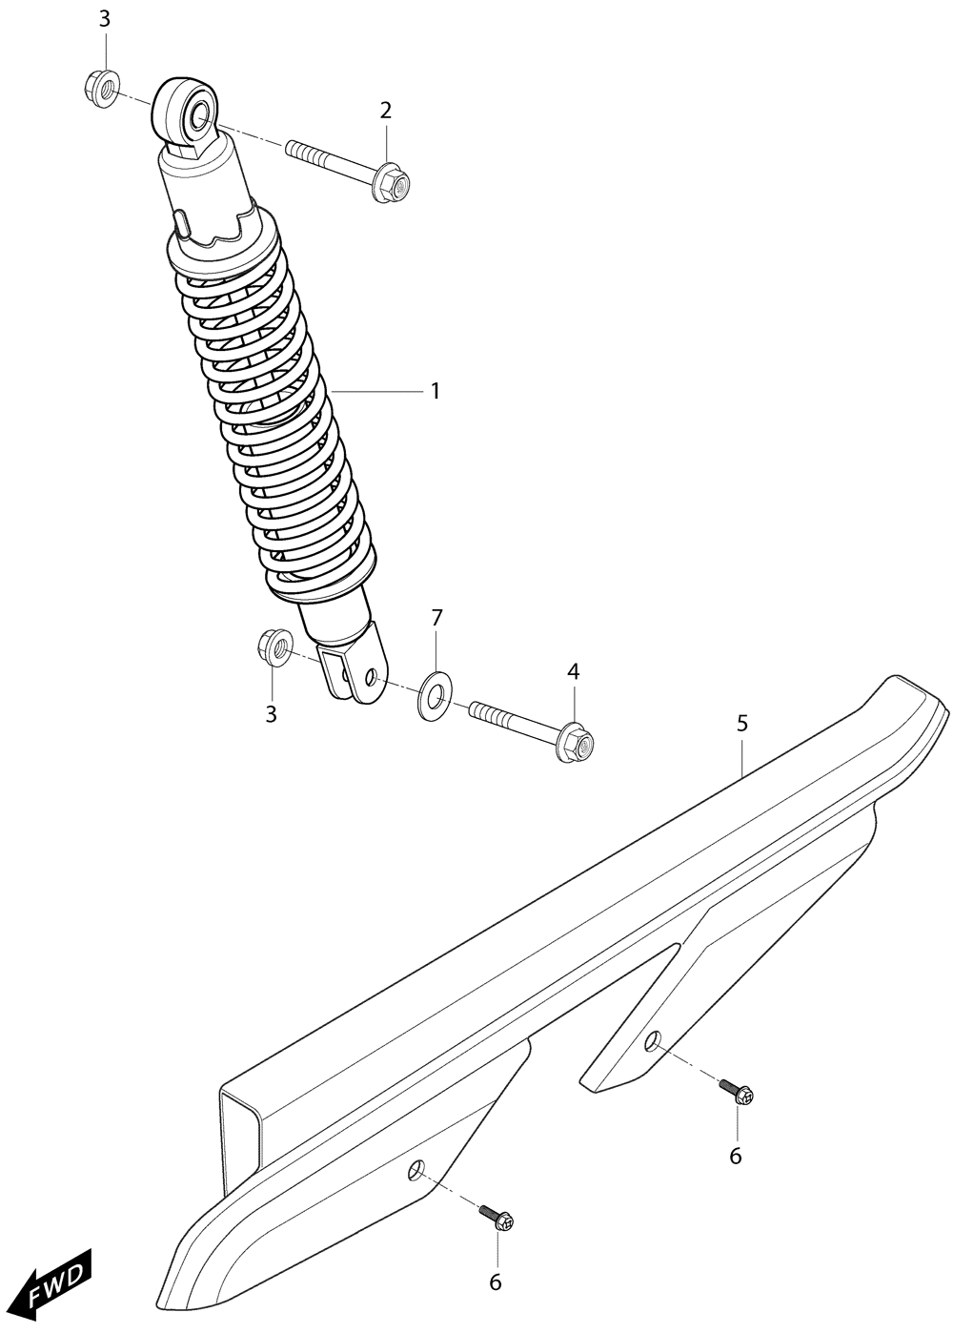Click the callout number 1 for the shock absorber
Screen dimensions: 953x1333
pyautogui.click(x=435, y=392)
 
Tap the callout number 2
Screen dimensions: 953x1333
pyautogui.click(x=385, y=110)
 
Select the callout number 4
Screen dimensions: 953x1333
pyautogui.click(x=573, y=672)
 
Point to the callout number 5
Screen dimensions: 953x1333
pyautogui.click(x=741, y=724)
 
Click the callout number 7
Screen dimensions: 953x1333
pyautogui.click(x=436, y=618)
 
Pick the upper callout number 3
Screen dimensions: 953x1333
pyautogui.click(x=105, y=19)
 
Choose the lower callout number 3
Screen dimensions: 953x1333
pyautogui.click(x=272, y=714)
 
